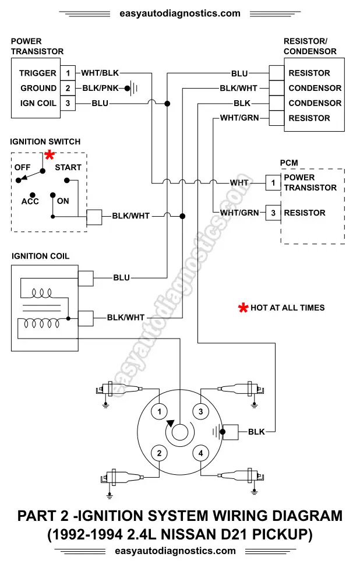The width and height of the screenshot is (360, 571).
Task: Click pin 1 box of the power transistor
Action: point(68,73)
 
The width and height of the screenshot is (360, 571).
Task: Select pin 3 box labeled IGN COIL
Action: point(68,103)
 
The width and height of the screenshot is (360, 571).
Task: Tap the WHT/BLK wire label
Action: point(100,73)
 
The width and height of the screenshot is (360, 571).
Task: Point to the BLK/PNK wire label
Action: point(100,88)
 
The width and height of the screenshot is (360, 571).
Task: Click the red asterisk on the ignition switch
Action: point(50,155)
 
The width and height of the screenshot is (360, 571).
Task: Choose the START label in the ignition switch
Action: point(68,168)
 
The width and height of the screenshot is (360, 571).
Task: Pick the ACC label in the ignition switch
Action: point(30,202)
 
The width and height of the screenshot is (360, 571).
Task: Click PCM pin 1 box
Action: point(273,183)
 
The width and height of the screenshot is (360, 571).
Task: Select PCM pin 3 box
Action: point(273,213)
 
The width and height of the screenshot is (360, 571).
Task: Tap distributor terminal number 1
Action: point(159,412)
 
